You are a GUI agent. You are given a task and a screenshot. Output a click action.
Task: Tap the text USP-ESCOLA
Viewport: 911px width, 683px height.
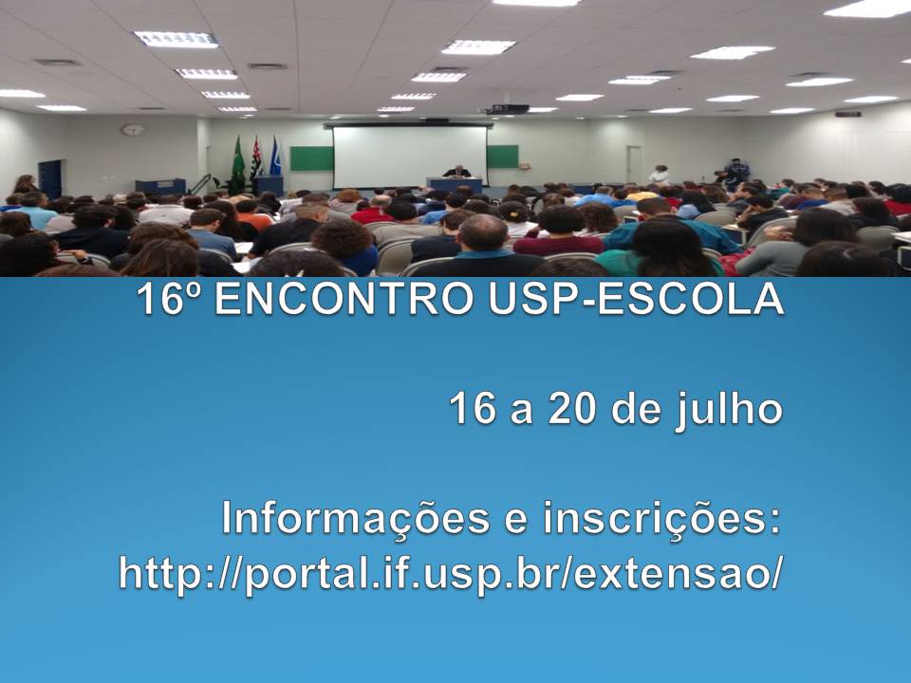636,299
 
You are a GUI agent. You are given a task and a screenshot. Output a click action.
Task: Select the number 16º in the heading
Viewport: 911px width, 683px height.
169,299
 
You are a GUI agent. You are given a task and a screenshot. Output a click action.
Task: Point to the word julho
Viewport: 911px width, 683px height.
729,410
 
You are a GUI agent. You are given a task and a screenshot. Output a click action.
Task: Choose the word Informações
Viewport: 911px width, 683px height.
356,520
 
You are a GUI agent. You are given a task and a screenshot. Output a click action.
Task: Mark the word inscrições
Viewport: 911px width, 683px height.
661,519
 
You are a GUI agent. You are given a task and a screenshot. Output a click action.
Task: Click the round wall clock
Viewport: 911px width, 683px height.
133,130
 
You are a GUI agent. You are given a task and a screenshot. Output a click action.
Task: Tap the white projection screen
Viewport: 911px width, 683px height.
410,157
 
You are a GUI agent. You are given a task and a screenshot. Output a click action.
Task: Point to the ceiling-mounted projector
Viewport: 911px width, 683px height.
507,108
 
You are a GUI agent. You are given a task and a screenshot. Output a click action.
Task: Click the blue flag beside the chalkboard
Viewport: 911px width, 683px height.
275,157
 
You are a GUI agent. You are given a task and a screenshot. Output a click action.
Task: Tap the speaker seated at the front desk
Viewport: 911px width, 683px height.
457,172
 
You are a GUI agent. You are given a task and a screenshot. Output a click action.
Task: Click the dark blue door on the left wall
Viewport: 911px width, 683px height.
50,179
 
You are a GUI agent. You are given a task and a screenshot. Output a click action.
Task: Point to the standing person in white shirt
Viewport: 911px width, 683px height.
659,175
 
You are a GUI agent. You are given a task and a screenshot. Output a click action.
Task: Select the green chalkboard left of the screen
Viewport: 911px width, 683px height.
311,158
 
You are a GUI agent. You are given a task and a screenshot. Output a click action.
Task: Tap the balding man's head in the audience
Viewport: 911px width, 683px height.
483,231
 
